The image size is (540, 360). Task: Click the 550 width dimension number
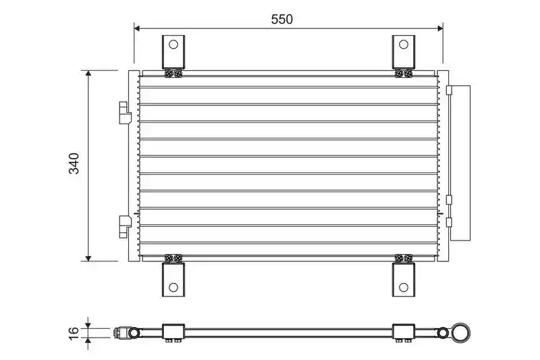[x=281, y=20]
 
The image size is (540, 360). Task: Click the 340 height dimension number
[x=74, y=163]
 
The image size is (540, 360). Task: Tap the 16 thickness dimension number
[x=74, y=334]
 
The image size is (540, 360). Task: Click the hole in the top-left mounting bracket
[x=173, y=45]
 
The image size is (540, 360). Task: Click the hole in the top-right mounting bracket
[x=403, y=45]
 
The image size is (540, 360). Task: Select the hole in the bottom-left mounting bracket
[x=173, y=287]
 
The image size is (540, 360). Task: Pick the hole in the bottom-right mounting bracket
[x=403, y=287]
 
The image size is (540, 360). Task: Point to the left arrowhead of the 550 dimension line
[x=137, y=28]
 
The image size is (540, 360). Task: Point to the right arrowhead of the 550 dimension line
[x=440, y=28]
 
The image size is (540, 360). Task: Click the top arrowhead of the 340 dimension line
[x=88, y=73]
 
